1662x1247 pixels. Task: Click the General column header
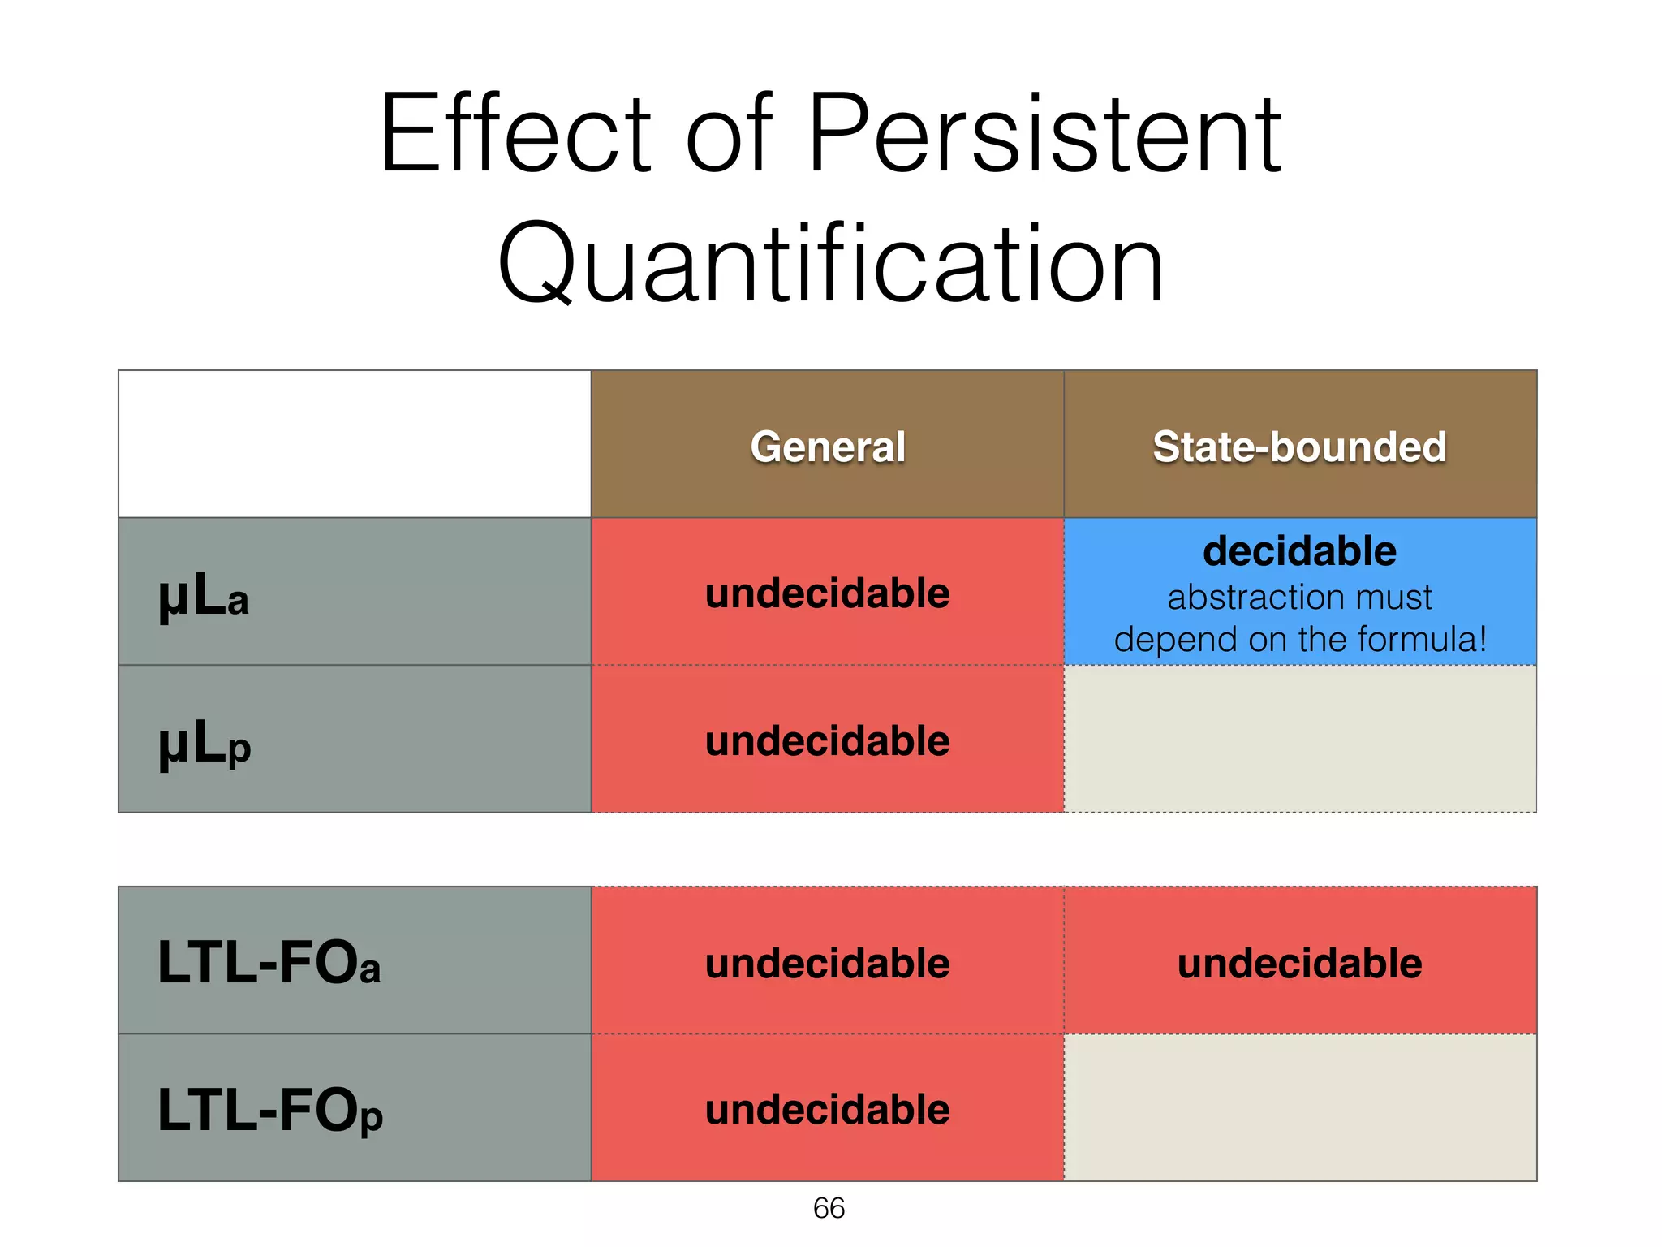click(827, 447)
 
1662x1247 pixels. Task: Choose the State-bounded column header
click(1299, 447)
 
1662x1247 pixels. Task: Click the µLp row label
click(205, 743)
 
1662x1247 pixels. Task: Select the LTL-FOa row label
click(269, 963)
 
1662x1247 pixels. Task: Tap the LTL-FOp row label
click(270, 1111)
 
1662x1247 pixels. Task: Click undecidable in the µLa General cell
click(827, 593)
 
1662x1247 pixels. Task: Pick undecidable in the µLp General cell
click(827, 741)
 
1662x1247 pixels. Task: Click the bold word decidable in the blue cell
click(1299, 551)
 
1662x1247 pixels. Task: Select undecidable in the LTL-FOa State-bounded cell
click(1299, 964)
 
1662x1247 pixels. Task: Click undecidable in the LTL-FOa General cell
click(827, 964)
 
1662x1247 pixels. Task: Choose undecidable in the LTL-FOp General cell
click(827, 1110)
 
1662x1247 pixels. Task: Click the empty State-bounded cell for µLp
click(1299, 739)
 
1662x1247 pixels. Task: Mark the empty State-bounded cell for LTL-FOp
click(1299, 1107)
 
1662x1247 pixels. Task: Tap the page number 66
click(829, 1208)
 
